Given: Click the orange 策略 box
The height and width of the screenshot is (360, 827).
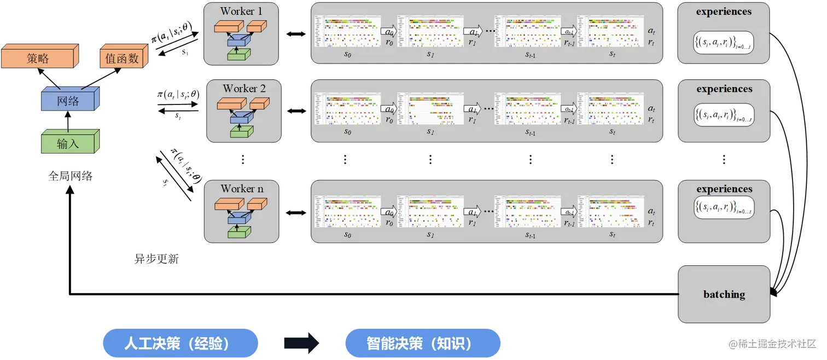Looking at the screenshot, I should tap(38, 57).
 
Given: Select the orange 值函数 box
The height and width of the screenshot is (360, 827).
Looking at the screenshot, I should tap(123, 57).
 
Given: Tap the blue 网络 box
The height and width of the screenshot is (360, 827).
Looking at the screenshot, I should tap(68, 101).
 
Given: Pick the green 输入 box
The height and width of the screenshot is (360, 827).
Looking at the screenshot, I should tap(68, 143).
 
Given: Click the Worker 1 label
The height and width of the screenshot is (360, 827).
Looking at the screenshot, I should tap(241, 11).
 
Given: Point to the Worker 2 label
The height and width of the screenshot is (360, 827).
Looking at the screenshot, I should tap(244, 88).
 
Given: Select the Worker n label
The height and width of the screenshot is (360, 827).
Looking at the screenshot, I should tap(242, 188).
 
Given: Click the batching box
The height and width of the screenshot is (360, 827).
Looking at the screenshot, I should tap(724, 294).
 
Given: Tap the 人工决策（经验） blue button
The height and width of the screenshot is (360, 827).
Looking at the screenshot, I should tap(179, 344).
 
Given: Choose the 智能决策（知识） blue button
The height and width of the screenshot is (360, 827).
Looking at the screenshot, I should tap(422, 344).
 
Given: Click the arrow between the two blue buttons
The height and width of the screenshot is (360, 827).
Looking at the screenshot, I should tap(301, 344).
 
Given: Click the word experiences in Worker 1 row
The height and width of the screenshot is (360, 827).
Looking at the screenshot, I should tap(724, 11).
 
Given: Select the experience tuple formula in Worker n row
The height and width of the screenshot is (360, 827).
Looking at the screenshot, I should tap(724, 208).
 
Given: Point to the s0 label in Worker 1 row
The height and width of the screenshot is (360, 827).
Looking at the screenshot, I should tap(347, 54).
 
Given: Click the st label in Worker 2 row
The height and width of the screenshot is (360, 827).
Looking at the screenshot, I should tap(612, 132).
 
